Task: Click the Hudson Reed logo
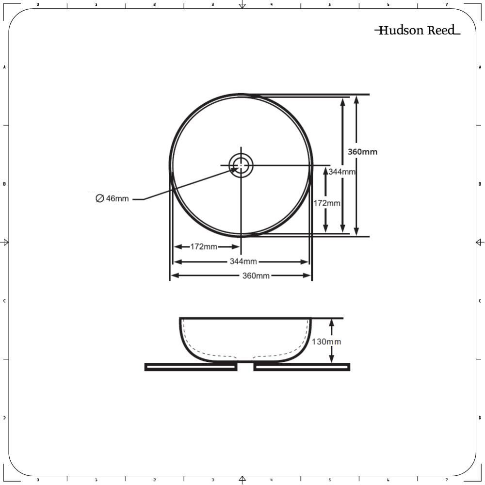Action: click(417, 30)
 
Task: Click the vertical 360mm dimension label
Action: click(362, 152)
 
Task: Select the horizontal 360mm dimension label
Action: click(256, 275)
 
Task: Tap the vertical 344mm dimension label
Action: click(342, 172)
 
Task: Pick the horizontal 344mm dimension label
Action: click(243, 261)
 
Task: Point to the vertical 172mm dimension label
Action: click(327, 203)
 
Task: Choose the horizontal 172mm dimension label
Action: click(204, 246)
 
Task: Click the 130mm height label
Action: click(326, 342)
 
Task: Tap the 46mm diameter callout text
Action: click(117, 198)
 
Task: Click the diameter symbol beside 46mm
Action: click(99, 198)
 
